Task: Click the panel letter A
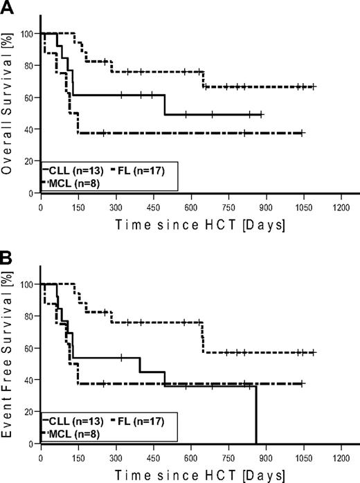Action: [x=8, y=8]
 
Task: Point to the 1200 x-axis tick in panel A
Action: [x=340, y=206]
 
